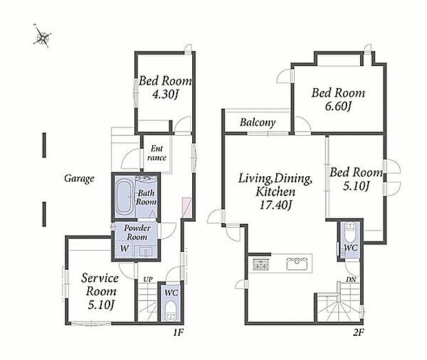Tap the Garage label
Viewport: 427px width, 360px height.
pos(79,178)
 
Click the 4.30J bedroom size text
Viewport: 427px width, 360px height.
pos(165,94)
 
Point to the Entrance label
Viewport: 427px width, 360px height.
pos(156,153)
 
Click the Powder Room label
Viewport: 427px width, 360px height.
pos(137,232)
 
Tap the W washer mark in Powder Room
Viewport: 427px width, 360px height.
pos(124,248)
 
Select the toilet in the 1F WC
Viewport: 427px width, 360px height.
pos(171,310)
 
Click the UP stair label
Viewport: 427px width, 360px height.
pos(148,279)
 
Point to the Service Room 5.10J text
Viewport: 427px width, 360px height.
pos(101,291)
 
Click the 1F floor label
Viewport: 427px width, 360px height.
pos(178,332)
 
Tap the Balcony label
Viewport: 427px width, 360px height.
pos(258,123)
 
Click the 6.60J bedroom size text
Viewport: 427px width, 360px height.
pos(338,106)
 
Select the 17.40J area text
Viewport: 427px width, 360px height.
pos(275,204)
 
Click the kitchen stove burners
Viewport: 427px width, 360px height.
pos(261,264)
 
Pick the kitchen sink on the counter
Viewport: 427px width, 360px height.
pos(297,264)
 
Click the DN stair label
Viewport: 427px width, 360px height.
pos(351,279)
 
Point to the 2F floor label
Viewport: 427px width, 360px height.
pos(358,332)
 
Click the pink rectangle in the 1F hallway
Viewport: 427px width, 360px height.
pos(187,208)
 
